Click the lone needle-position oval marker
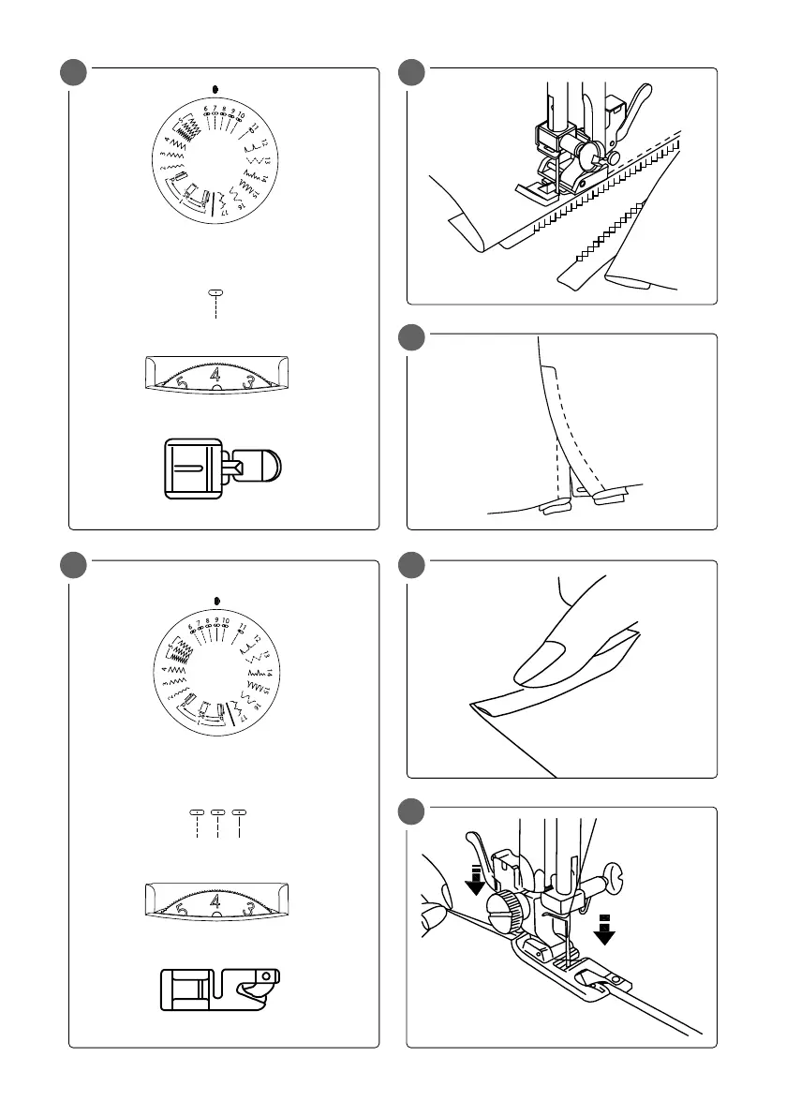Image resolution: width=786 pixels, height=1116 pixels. point(215,292)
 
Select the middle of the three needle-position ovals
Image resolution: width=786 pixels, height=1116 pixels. point(217,811)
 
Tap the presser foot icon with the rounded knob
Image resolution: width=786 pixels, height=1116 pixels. point(223,465)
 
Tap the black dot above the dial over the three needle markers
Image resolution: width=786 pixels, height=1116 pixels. point(216,600)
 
